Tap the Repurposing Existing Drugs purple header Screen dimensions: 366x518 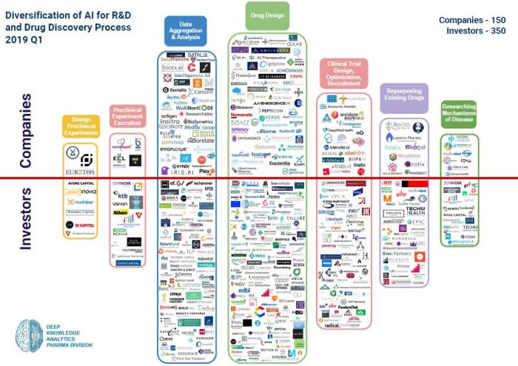[404, 94]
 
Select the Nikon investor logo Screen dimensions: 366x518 [121, 212]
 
